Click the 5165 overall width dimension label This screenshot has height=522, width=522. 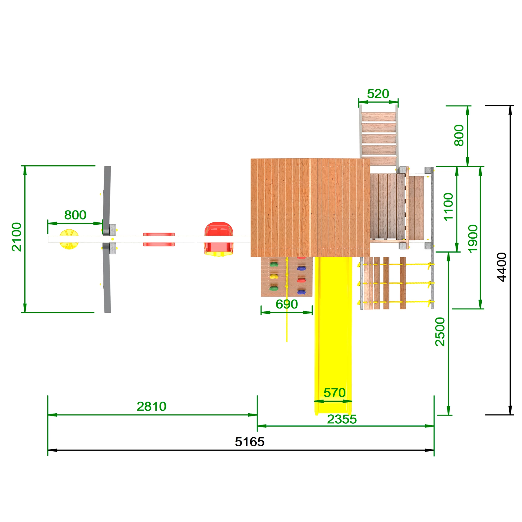(249, 442)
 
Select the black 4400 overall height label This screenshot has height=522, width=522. (502, 267)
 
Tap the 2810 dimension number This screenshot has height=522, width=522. (151, 406)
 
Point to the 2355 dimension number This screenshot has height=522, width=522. (342, 419)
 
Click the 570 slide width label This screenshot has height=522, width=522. (334, 393)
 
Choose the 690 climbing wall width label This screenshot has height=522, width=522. (287, 304)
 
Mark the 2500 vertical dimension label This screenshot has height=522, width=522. (440, 332)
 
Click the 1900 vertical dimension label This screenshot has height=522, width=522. (473, 239)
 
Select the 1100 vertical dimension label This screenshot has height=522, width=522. (448, 207)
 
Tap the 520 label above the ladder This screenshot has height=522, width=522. (378, 94)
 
